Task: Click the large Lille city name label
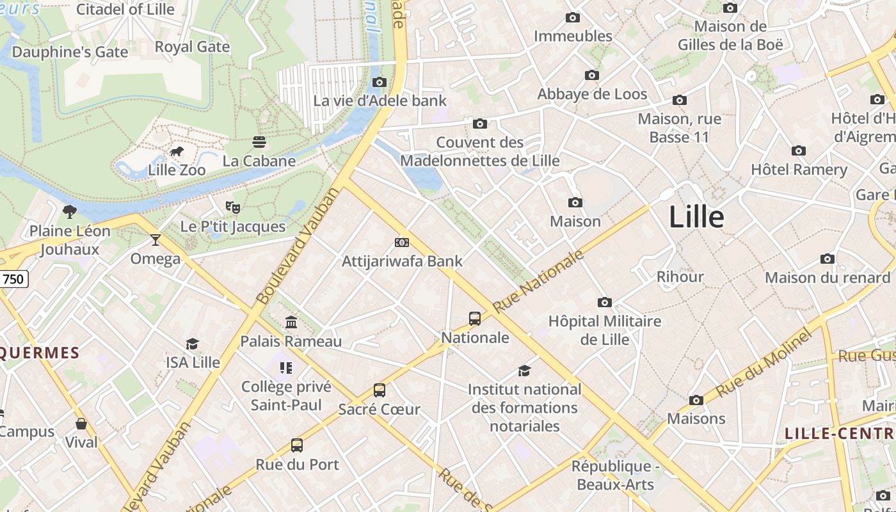pos(696,218)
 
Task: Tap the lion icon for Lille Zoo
pos(177,152)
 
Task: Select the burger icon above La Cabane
pos(259,141)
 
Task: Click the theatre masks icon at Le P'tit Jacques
pos(233,207)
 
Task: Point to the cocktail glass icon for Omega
pos(155,240)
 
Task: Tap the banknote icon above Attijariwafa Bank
pos(402,243)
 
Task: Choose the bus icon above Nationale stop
pos(475,319)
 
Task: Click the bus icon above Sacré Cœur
pos(380,390)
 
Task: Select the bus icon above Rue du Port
pos(297,445)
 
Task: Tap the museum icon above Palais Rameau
pos(291,322)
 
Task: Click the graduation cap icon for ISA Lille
pos(193,344)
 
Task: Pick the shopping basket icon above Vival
pos(81,424)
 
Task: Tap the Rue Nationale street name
pos(538,281)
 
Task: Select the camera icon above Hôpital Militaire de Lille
pos(605,302)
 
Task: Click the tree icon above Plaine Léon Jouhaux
pos(70,212)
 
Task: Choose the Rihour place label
pos(680,277)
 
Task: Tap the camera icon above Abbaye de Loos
pos(592,76)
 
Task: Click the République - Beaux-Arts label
pos(615,475)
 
